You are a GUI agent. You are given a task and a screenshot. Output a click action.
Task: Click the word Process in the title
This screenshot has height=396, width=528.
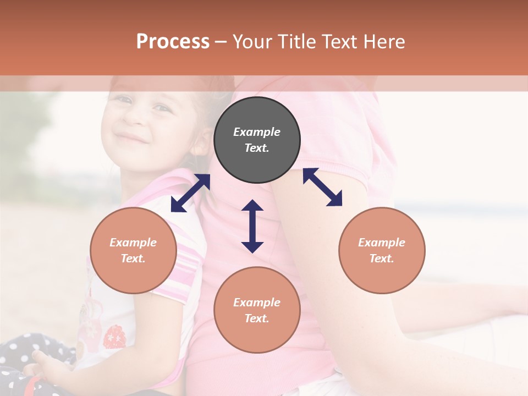[173, 42]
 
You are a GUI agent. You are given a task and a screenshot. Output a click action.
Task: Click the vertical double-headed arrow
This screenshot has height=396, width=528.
[252, 226]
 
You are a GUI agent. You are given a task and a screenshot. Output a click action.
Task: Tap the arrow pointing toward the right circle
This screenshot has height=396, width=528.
[323, 187]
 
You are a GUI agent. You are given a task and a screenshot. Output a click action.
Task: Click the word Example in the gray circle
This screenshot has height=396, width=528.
[257, 132]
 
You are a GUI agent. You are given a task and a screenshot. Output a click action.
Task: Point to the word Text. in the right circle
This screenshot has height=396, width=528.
[382, 258]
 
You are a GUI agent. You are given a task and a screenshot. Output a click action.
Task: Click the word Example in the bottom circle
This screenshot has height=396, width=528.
[257, 302]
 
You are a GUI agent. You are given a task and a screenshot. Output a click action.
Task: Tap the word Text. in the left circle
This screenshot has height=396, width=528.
[133, 258]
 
